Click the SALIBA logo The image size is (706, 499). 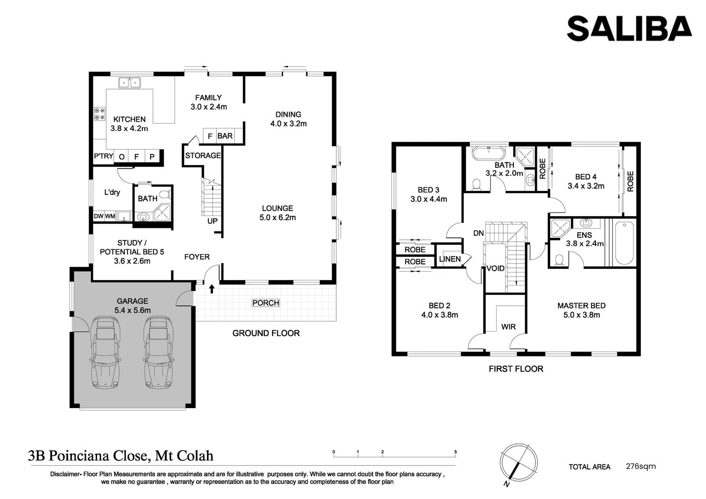(629, 29)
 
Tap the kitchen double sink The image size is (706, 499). (129, 83)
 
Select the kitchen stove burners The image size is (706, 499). (100, 114)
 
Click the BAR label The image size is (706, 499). (225, 136)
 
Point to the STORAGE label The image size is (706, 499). (203, 155)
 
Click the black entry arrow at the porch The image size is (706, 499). (212, 289)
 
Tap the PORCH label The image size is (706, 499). (266, 303)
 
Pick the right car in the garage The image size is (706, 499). (158, 352)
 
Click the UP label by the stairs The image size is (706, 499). (213, 221)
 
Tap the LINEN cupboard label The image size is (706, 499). (450, 259)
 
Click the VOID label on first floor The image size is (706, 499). (495, 268)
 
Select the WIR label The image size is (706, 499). (508, 327)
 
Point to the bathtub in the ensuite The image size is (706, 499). (624, 243)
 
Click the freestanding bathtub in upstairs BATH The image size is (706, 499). (488, 153)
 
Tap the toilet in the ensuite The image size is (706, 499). (559, 261)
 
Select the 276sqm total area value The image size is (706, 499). (641, 466)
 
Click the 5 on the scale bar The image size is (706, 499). (456, 452)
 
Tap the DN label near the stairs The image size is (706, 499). (478, 233)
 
